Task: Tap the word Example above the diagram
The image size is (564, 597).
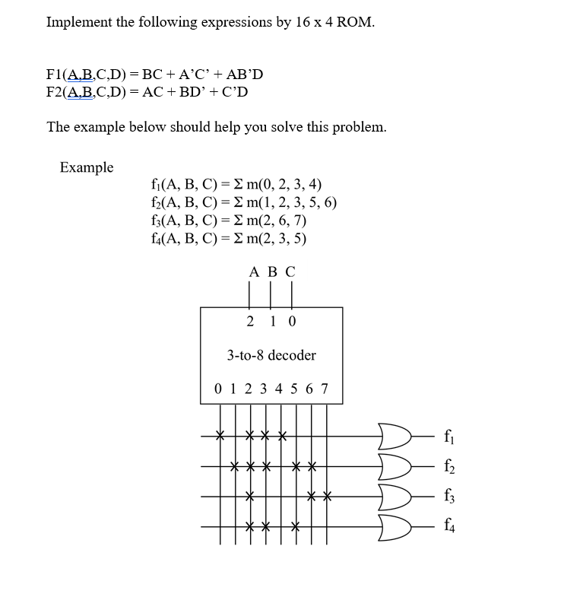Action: [x=87, y=167]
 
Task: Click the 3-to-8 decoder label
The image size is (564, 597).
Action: [x=271, y=355]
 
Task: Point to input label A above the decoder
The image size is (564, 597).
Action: [x=253, y=272]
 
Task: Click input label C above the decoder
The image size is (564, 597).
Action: [x=290, y=272]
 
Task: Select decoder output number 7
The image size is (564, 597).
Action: [x=325, y=389]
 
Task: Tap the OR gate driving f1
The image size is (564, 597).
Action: [x=396, y=437]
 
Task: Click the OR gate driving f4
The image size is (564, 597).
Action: [x=396, y=525]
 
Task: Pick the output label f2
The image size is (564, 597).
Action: [x=451, y=466]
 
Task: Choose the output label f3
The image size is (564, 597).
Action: [x=451, y=496]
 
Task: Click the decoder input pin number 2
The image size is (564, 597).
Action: [x=251, y=321]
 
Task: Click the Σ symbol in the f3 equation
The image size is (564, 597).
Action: [x=221, y=221]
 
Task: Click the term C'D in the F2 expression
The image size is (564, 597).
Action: [x=235, y=92]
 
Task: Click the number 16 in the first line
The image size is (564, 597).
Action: [x=303, y=22]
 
